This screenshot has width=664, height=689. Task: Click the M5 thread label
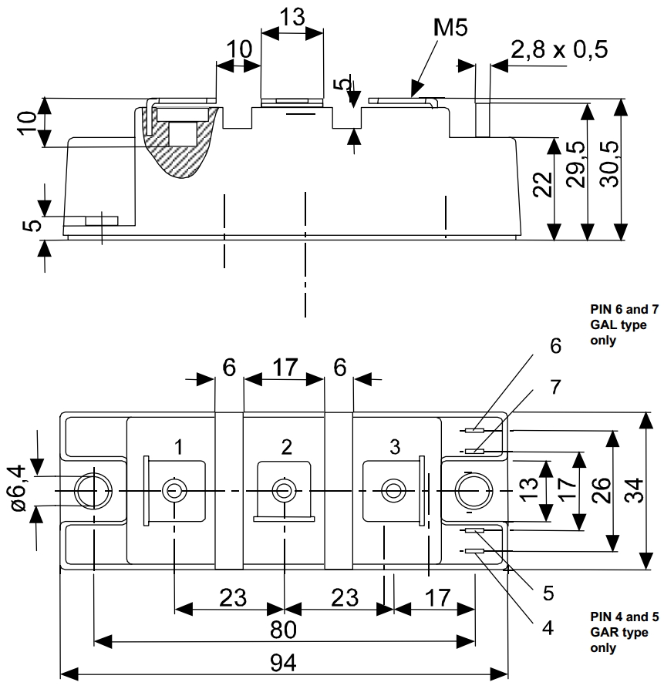pyautogui.click(x=451, y=29)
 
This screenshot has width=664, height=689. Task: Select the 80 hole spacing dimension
pyautogui.click(x=283, y=630)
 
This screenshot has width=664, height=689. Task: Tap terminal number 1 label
pyautogui.click(x=178, y=447)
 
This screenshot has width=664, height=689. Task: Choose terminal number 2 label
pyautogui.click(x=287, y=447)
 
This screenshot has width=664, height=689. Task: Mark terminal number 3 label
pyautogui.click(x=395, y=447)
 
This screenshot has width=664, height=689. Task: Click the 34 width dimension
pyautogui.click(x=634, y=490)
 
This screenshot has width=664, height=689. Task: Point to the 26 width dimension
pyautogui.click(x=602, y=490)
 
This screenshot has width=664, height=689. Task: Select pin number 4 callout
pyautogui.click(x=547, y=627)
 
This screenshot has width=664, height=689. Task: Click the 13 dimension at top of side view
pyautogui.click(x=292, y=17)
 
